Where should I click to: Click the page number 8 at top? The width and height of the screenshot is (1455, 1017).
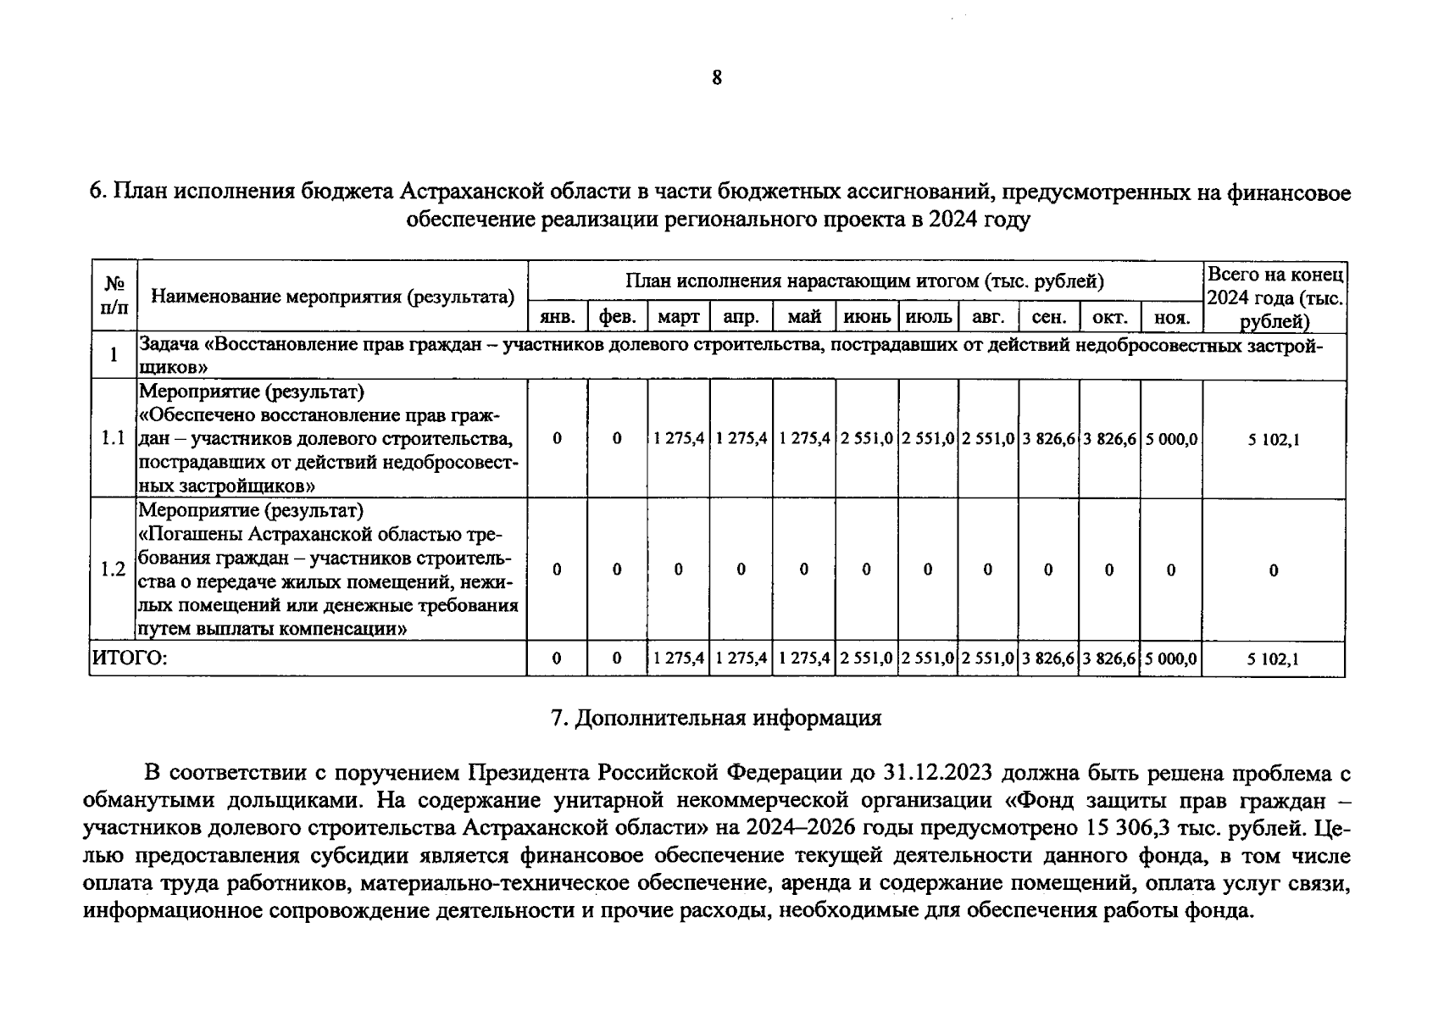717,78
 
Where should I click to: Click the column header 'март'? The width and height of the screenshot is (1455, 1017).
678,317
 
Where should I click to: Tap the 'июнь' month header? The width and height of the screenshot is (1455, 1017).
866,317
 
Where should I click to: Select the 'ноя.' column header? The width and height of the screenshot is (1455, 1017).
1172,318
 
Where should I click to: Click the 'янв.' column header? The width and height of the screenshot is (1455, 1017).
557,318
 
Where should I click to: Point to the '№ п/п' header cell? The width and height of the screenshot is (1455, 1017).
114,295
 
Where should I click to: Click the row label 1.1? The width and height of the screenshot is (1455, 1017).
113,438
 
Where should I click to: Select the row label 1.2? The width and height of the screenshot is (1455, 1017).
113,569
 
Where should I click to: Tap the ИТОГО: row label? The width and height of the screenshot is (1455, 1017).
129,658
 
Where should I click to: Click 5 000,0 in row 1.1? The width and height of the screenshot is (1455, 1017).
1171,439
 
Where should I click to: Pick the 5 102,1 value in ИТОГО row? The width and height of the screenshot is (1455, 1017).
1273,659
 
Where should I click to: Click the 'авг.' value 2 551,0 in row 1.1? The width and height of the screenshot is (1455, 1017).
988,439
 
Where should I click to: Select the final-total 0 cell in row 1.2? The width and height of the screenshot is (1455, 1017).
1273,570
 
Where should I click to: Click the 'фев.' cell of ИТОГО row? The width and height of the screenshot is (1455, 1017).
617,658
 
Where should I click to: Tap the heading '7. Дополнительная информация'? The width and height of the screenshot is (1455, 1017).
716,718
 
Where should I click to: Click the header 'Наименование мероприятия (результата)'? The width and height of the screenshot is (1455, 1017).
332,297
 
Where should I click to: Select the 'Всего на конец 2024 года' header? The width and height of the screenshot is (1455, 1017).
1274,297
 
